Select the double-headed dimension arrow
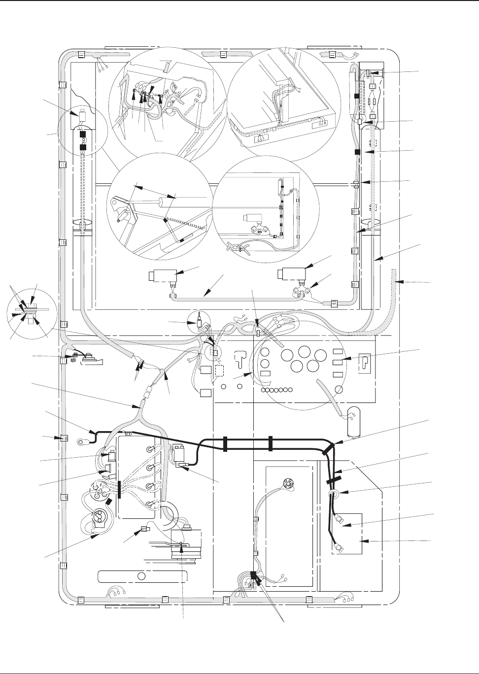point(155,192)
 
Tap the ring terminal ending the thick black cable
point(81,436)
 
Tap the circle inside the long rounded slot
point(142,576)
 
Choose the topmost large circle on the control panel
point(304,352)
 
